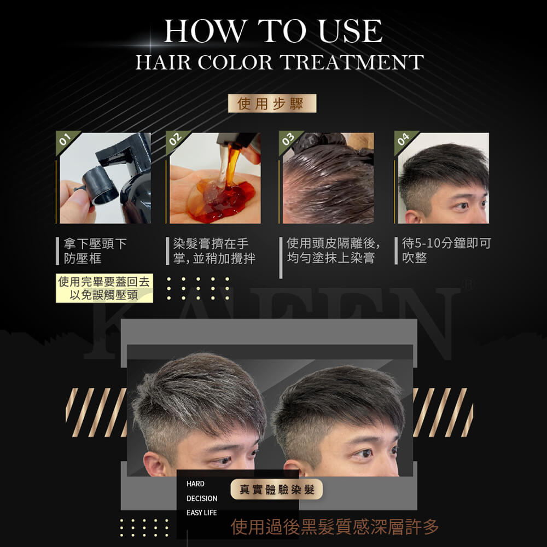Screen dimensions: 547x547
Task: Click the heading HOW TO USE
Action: click(273, 31)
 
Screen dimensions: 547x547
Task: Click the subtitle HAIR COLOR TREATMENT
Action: click(280, 62)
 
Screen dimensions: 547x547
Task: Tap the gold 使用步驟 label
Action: click(272, 103)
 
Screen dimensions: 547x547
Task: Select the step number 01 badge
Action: click(65, 139)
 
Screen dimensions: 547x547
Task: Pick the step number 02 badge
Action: click(175, 139)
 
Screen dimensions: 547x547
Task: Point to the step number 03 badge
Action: click(288, 139)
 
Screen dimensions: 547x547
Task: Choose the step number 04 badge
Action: click(403, 139)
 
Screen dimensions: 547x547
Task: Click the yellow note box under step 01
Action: click(104, 288)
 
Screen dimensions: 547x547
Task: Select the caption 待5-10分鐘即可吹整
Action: click(446, 251)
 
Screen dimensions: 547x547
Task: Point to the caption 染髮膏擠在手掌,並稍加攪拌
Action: click(214, 251)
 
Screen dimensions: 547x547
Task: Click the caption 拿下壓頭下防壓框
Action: click(95, 251)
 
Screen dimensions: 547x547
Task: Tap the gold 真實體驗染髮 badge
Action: click(277, 490)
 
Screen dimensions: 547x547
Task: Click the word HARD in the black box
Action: click(195, 484)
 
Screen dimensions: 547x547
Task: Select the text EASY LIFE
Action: click(202, 513)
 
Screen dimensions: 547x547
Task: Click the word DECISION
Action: click(202, 498)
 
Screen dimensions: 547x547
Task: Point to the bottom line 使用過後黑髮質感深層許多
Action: click(335, 527)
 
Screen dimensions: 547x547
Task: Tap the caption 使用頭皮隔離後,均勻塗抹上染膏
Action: click(333, 251)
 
